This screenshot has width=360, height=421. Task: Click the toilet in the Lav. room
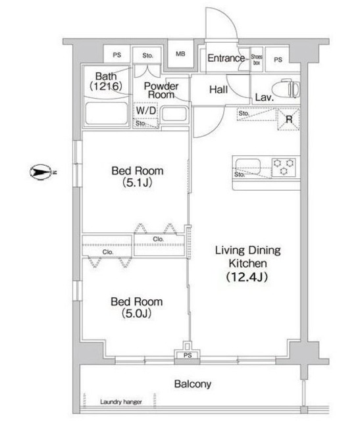tap(286, 87)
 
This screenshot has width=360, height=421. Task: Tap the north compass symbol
tap(40, 172)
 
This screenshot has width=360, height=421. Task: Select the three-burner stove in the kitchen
tap(284, 167)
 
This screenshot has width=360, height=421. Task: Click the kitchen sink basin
tap(248, 166)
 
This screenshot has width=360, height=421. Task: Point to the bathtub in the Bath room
tap(107, 113)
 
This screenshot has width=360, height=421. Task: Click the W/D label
tap(146, 111)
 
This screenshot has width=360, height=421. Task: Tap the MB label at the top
tap(180, 54)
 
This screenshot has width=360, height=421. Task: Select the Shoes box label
tap(257, 60)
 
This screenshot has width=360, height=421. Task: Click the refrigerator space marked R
tap(289, 119)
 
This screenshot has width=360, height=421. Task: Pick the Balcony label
tap(193, 384)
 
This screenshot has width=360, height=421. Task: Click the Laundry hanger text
tap(121, 402)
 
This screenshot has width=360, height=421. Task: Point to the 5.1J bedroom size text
tap(138, 183)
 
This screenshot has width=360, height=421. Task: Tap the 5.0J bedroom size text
tap(136, 313)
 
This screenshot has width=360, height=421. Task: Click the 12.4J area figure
tap(247, 276)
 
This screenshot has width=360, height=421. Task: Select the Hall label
tap(219, 89)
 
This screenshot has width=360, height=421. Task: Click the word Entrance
tap(226, 58)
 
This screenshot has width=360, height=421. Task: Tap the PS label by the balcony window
tap(188, 355)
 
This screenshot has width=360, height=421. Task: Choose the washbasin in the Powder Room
tap(174, 114)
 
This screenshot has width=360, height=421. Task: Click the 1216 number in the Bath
tap(106, 86)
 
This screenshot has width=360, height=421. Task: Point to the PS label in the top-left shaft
tap(117, 55)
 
